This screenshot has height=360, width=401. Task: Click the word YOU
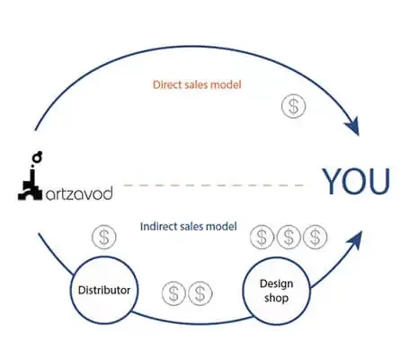pyautogui.click(x=356, y=182)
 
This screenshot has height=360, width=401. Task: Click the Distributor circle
pyautogui.click(x=104, y=290)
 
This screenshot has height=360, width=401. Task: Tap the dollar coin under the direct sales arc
pyautogui.click(x=292, y=106)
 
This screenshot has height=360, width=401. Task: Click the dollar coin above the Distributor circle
pyautogui.click(x=104, y=238)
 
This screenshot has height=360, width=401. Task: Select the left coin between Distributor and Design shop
pyautogui.click(x=174, y=292)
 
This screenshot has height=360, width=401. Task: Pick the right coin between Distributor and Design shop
pyautogui.click(x=200, y=292)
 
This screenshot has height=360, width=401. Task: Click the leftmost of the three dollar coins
pyautogui.click(x=261, y=237)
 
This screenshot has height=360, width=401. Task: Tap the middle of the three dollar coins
pyautogui.click(x=287, y=237)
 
